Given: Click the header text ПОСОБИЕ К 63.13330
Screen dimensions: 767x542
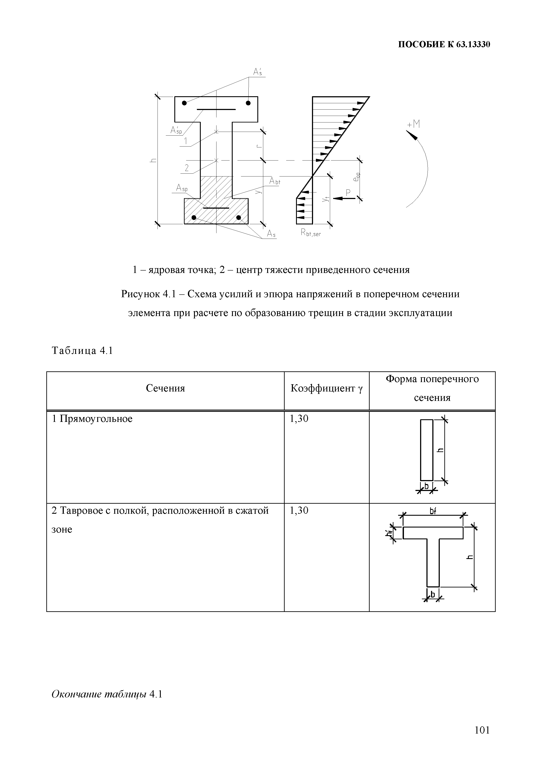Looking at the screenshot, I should (x=444, y=44).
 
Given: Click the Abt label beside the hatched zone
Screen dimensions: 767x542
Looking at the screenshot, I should (x=275, y=181).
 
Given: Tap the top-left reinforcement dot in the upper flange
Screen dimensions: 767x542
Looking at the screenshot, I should (x=184, y=103).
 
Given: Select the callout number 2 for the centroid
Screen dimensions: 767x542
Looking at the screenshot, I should (x=187, y=168).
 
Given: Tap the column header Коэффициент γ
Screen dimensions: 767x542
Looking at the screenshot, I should (x=326, y=388).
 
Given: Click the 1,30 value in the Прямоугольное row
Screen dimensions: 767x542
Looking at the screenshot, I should (x=299, y=419).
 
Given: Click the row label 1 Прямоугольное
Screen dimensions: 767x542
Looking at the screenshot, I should (x=92, y=419).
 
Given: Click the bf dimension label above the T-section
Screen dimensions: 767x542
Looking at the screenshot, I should (x=433, y=511).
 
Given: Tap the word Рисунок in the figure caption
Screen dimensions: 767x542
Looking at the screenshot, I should (x=140, y=294).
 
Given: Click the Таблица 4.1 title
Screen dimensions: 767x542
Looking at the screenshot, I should (x=82, y=351).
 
